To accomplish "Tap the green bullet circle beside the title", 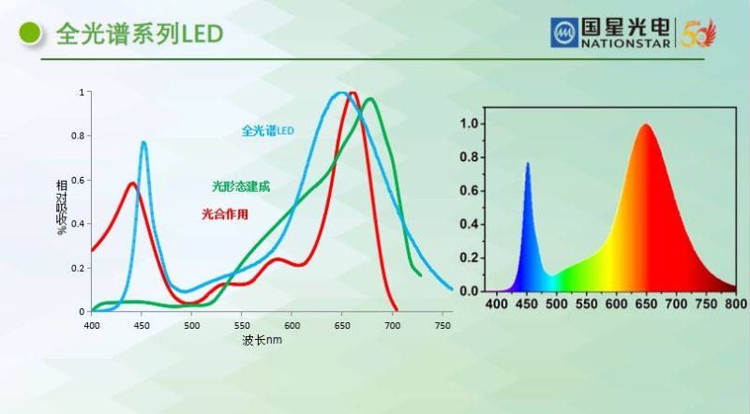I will click(30, 34).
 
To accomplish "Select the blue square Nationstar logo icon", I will click(565, 34).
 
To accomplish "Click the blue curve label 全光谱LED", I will click(267, 130).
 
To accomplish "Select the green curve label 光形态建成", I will click(241, 186).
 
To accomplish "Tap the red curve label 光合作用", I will click(225, 214).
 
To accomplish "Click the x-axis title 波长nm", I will click(262, 339).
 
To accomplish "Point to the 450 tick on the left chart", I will click(142, 326).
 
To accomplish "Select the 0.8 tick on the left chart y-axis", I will click(82, 136).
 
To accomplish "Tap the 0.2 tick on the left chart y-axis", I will click(82, 268).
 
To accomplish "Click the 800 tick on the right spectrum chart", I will click(736, 304).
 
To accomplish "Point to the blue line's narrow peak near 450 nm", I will click(143, 142).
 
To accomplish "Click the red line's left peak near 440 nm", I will click(132, 184).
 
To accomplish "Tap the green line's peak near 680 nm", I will click(370, 98).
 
